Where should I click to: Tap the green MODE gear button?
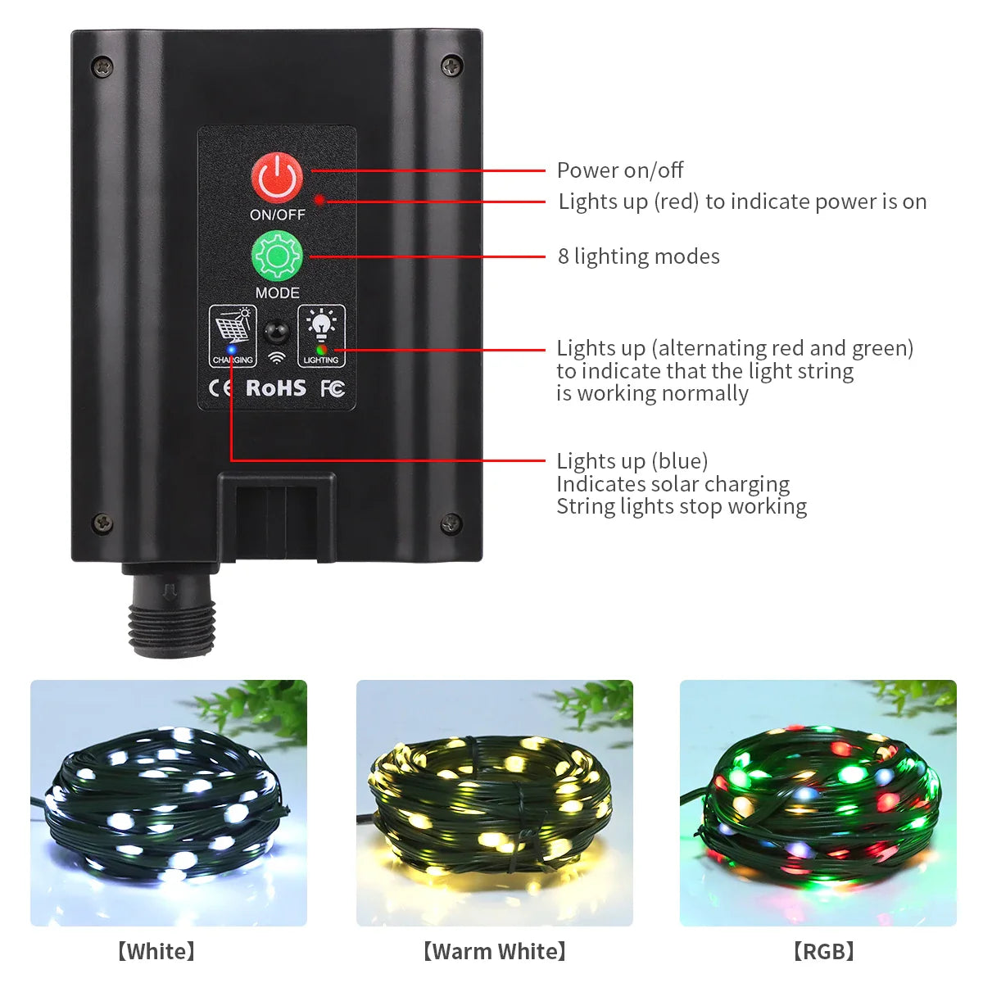click(277, 257)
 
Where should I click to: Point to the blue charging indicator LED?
click(232, 350)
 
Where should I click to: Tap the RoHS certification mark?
click(276, 387)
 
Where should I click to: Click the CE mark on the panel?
click(221, 388)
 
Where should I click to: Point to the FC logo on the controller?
click(333, 388)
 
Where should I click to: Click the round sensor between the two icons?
click(277, 333)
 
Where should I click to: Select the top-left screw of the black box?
click(102, 66)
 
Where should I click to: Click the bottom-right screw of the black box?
click(451, 522)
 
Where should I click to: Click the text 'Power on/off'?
click(619, 170)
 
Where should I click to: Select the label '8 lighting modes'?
click(638, 256)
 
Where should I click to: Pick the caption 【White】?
click(156, 951)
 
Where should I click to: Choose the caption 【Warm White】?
click(494, 951)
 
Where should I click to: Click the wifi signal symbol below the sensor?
click(277, 358)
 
